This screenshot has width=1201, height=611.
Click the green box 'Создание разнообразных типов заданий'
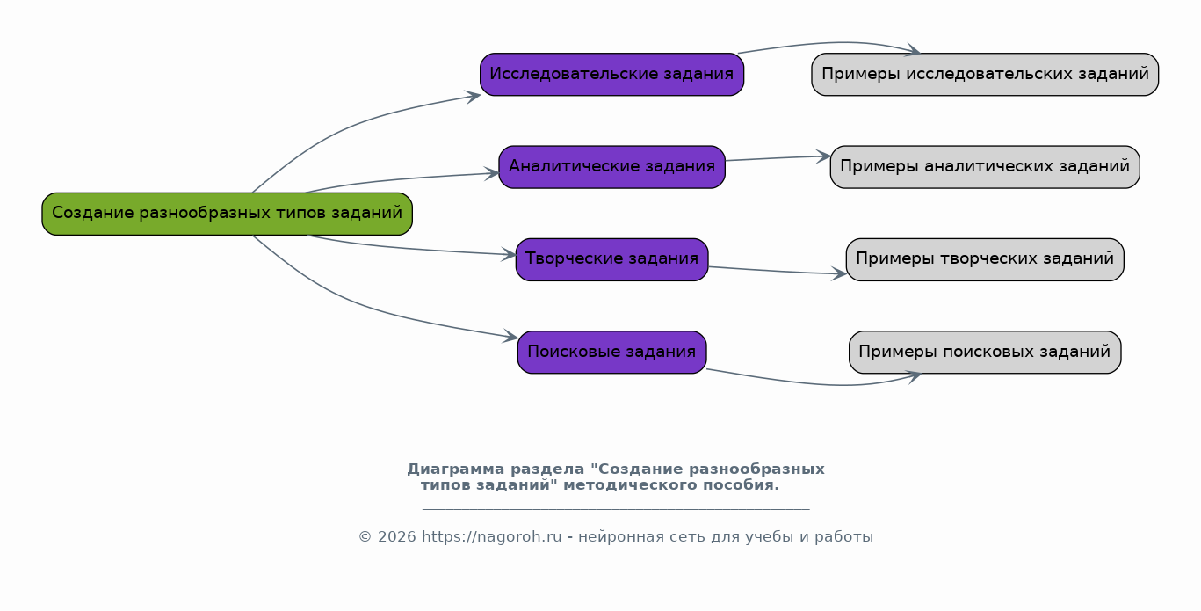click(x=227, y=214)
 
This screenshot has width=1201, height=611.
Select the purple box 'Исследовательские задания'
click(x=611, y=74)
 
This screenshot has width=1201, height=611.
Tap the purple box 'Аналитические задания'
click(x=611, y=167)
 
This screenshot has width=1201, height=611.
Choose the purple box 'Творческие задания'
click(x=611, y=259)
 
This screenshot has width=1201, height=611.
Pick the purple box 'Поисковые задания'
click(x=611, y=352)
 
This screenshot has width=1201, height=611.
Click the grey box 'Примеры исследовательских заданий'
click(x=984, y=74)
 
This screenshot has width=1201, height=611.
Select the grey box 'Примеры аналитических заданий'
click(x=984, y=167)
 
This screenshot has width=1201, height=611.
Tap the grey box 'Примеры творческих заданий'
click(x=984, y=259)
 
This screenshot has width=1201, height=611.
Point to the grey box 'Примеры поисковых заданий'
click(x=984, y=352)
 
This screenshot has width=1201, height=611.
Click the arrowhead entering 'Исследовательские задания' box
click(x=474, y=96)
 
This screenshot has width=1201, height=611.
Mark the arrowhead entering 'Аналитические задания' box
click(x=493, y=172)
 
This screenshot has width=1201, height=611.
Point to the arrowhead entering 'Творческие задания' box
click(x=510, y=254)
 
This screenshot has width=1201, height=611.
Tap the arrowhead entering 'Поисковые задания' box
click(x=511, y=337)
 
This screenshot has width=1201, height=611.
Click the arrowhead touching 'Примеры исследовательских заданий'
click(x=913, y=50)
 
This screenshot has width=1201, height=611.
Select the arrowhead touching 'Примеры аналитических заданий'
click(x=824, y=156)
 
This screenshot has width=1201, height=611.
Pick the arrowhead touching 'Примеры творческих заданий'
click(x=840, y=273)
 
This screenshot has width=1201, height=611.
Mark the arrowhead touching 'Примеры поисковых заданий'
click(x=915, y=376)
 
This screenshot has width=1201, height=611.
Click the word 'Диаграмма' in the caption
click(x=456, y=469)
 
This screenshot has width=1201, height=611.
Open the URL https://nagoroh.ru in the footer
click(x=492, y=536)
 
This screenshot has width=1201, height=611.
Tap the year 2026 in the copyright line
click(x=397, y=536)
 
